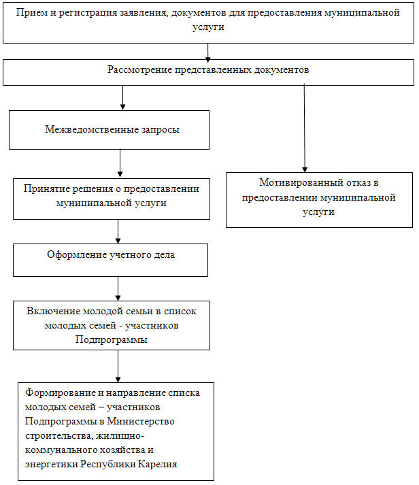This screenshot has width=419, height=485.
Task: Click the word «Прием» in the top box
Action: click(32, 14)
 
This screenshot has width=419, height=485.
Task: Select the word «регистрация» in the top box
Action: click(81, 14)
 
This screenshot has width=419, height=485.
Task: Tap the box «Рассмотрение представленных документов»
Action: click(207, 70)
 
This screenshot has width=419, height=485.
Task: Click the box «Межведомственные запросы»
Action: click(109, 129)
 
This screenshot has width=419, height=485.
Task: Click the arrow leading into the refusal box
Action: click(304, 129)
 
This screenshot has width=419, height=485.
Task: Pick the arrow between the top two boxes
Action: click(208, 52)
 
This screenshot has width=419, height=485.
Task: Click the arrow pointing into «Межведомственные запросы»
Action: click(122, 98)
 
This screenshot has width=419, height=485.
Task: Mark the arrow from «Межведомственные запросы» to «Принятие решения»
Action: click(120, 164)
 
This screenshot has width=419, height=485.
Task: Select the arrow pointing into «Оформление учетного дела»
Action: click(118, 231)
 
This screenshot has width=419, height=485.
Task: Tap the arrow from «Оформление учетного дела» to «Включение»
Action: click(118, 288)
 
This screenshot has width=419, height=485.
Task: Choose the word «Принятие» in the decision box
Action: click(44, 189)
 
